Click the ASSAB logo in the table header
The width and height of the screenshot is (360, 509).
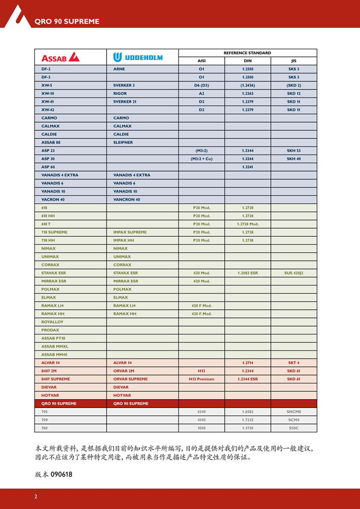point(61,57)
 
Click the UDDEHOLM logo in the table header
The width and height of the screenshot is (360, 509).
point(138,57)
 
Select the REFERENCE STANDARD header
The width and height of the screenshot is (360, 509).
point(247,53)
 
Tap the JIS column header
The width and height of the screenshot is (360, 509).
point(294,61)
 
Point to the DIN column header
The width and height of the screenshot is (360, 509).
point(247,61)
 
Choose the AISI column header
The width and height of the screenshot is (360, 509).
point(201,61)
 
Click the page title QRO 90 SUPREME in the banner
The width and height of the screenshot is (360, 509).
point(66,21)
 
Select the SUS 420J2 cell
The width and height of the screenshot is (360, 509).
point(294,273)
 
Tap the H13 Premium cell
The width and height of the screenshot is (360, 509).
point(201,379)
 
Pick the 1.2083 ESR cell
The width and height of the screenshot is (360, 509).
point(247,273)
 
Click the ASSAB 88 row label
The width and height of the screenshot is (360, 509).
point(51,142)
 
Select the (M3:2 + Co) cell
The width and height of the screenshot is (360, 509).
point(201,159)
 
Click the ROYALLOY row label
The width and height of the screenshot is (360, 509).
point(52,322)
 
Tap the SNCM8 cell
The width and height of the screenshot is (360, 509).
point(294,412)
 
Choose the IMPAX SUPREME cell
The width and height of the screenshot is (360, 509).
point(130,232)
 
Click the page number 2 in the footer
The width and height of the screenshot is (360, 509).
point(35,496)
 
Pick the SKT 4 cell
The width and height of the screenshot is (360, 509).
point(294,362)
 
